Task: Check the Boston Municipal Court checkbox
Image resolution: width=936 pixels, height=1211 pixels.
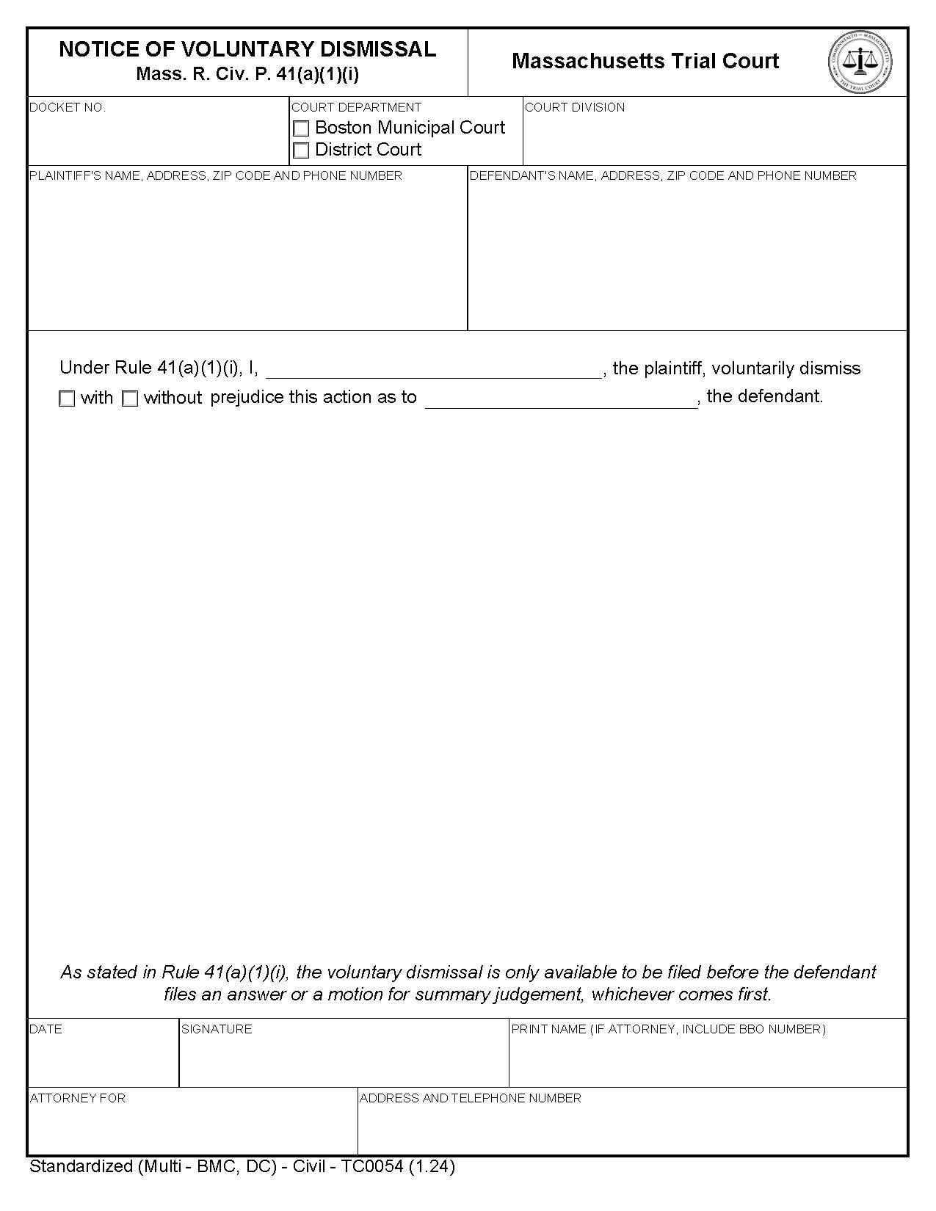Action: pyautogui.click(x=301, y=129)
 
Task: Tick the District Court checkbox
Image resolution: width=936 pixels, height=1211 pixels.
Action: pyautogui.click(x=301, y=150)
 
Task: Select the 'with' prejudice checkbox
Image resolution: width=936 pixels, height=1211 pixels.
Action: pyautogui.click(x=67, y=399)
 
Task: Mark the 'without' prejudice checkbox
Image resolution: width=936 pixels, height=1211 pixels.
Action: pyautogui.click(x=130, y=399)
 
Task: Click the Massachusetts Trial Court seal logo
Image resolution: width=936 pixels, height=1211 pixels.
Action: pyautogui.click(x=860, y=62)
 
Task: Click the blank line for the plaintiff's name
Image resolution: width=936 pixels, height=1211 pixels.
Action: pyautogui.click(x=433, y=370)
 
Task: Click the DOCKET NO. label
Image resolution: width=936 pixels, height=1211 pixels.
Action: pyautogui.click(x=68, y=107)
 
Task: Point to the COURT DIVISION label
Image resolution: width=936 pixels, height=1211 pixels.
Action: pyautogui.click(x=575, y=107)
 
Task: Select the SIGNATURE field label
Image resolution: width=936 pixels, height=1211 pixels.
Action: pyautogui.click(x=217, y=1029)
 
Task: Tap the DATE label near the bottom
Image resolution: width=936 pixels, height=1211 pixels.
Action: pyautogui.click(x=46, y=1029)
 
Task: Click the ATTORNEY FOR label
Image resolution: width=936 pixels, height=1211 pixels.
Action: pyautogui.click(x=78, y=1098)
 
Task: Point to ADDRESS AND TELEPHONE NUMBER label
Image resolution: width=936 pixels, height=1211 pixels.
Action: pyautogui.click(x=470, y=1098)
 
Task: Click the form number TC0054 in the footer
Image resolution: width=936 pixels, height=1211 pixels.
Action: pyautogui.click(x=371, y=1166)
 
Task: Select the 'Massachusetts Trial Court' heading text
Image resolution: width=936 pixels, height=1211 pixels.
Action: pyautogui.click(x=645, y=61)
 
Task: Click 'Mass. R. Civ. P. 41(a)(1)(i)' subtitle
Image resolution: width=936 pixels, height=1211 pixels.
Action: pyautogui.click(x=247, y=74)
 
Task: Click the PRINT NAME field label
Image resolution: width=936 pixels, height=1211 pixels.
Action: pyautogui.click(x=668, y=1029)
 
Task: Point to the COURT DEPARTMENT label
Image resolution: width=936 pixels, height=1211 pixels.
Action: pyautogui.click(x=356, y=107)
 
